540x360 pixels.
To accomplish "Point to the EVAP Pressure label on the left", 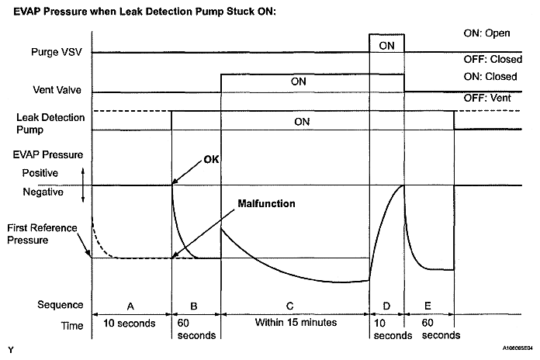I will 49,154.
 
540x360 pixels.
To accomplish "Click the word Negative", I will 41,191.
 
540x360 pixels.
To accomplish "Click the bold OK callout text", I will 211,160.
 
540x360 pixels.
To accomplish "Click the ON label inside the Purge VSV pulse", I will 386,46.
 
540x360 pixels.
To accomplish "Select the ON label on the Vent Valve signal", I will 299,80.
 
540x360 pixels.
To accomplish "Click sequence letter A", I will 130,306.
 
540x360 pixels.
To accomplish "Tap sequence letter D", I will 386,306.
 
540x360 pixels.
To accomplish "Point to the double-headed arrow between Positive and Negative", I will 83,182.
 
